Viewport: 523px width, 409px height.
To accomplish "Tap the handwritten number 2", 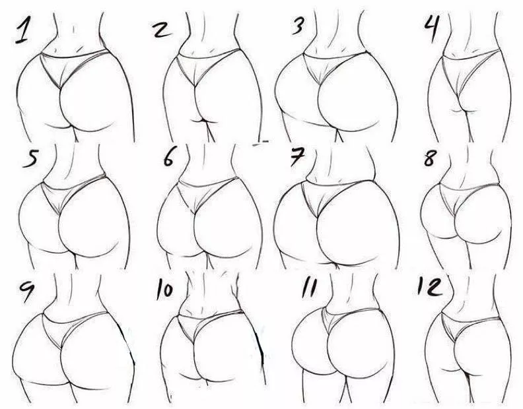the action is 162,30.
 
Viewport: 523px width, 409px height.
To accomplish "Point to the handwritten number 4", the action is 431,28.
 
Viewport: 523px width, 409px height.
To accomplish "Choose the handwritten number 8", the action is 430,158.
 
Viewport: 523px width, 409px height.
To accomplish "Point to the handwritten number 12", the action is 430,286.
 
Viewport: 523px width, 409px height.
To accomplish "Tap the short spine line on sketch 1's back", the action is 73,29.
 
